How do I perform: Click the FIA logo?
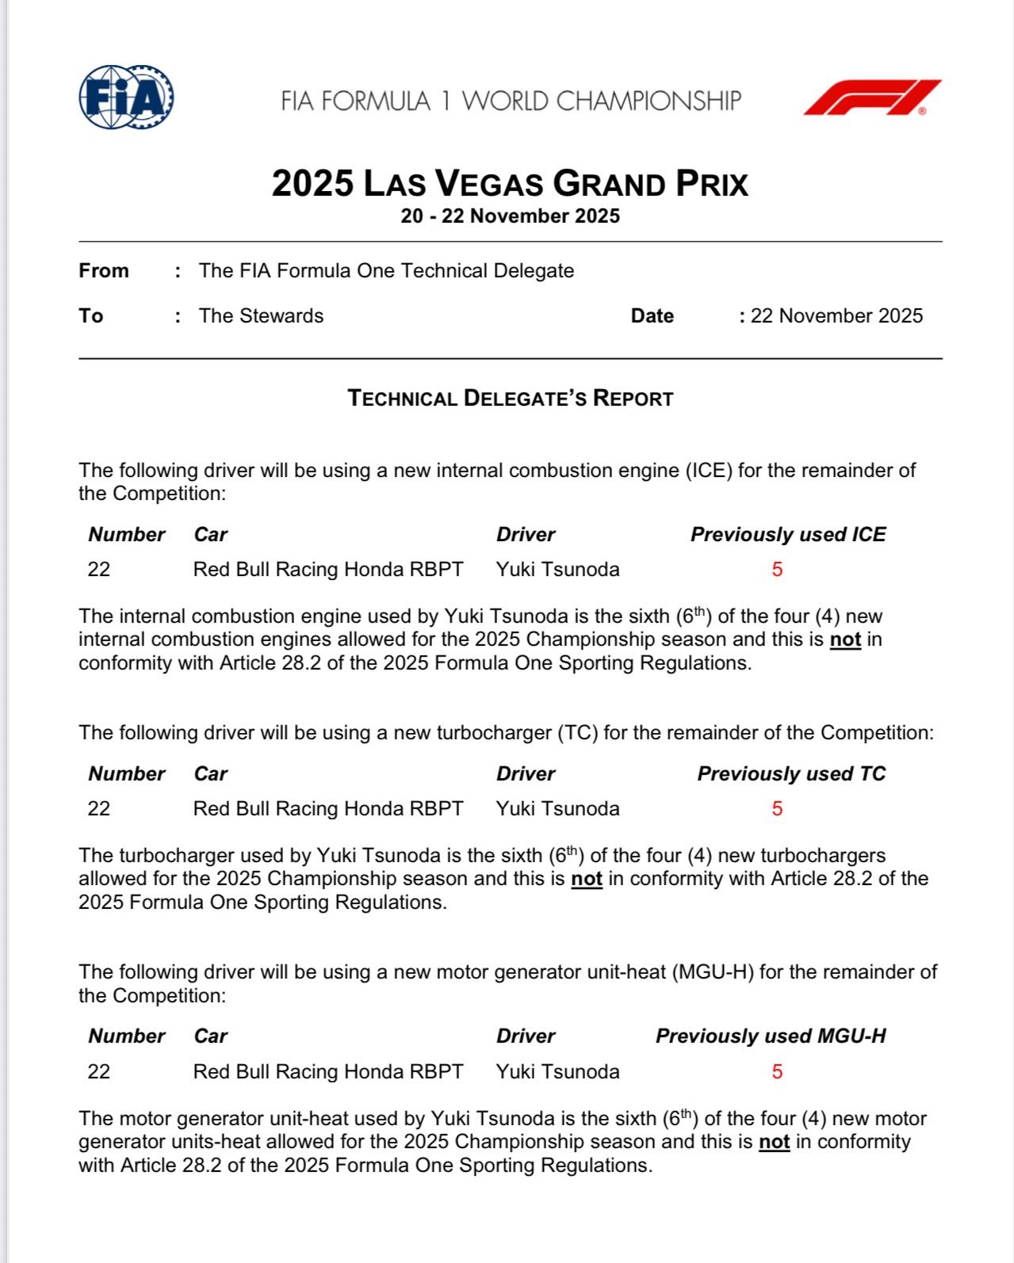coord(127,97)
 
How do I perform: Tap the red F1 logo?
coord(872,97)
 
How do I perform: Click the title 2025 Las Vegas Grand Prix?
coord(510,183)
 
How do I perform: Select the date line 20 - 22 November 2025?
coord(510,216)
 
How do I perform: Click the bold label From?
coord(104,271)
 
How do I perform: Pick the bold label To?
coord(91,316)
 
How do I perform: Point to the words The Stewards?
coord(261,316)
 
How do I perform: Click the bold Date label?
coord(652,316)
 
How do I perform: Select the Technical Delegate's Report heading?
coord(510,399)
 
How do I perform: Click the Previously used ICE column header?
coord(788,535)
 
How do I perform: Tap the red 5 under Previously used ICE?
coord(777,570)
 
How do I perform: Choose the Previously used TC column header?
coord(791,774)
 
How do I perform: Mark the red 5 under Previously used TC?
coord(777,809)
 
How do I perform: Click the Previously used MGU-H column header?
coord(771,1036)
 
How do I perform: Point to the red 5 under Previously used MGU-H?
coord(777,1072)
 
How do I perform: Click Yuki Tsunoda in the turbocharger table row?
coord(557,809)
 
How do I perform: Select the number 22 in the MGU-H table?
coord(99,1072)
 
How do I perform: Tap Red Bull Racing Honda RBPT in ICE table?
coord(328,570)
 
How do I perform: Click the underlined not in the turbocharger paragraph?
coord(587,879)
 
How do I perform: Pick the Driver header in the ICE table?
coord(526,535)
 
